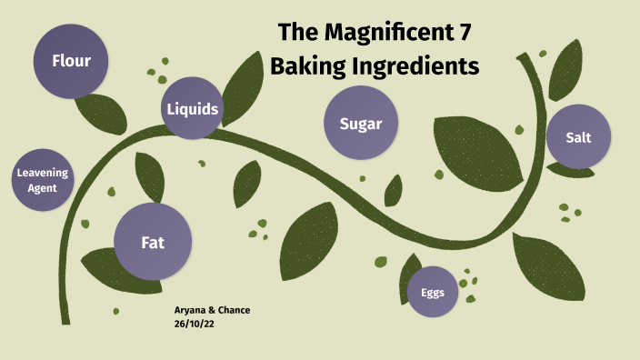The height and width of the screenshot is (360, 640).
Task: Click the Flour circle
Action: coord(70,61)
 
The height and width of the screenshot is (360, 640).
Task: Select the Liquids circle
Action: coord(192,109)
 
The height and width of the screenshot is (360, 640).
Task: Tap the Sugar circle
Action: coord(360,124)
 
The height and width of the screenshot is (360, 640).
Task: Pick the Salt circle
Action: coord(578,136)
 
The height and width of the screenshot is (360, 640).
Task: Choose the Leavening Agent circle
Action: coord(43,180)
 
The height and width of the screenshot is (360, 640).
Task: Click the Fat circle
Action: coord(152,242)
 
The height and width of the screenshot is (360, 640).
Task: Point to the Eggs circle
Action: coord(432,292)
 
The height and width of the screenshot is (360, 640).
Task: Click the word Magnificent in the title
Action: coord(383,34)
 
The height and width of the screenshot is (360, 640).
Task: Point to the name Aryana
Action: coord(191,310)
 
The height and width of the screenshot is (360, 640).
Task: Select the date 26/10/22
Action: coord(194,324)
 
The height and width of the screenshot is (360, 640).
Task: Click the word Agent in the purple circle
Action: coord(43,188)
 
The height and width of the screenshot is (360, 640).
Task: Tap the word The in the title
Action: coord(297,34)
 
